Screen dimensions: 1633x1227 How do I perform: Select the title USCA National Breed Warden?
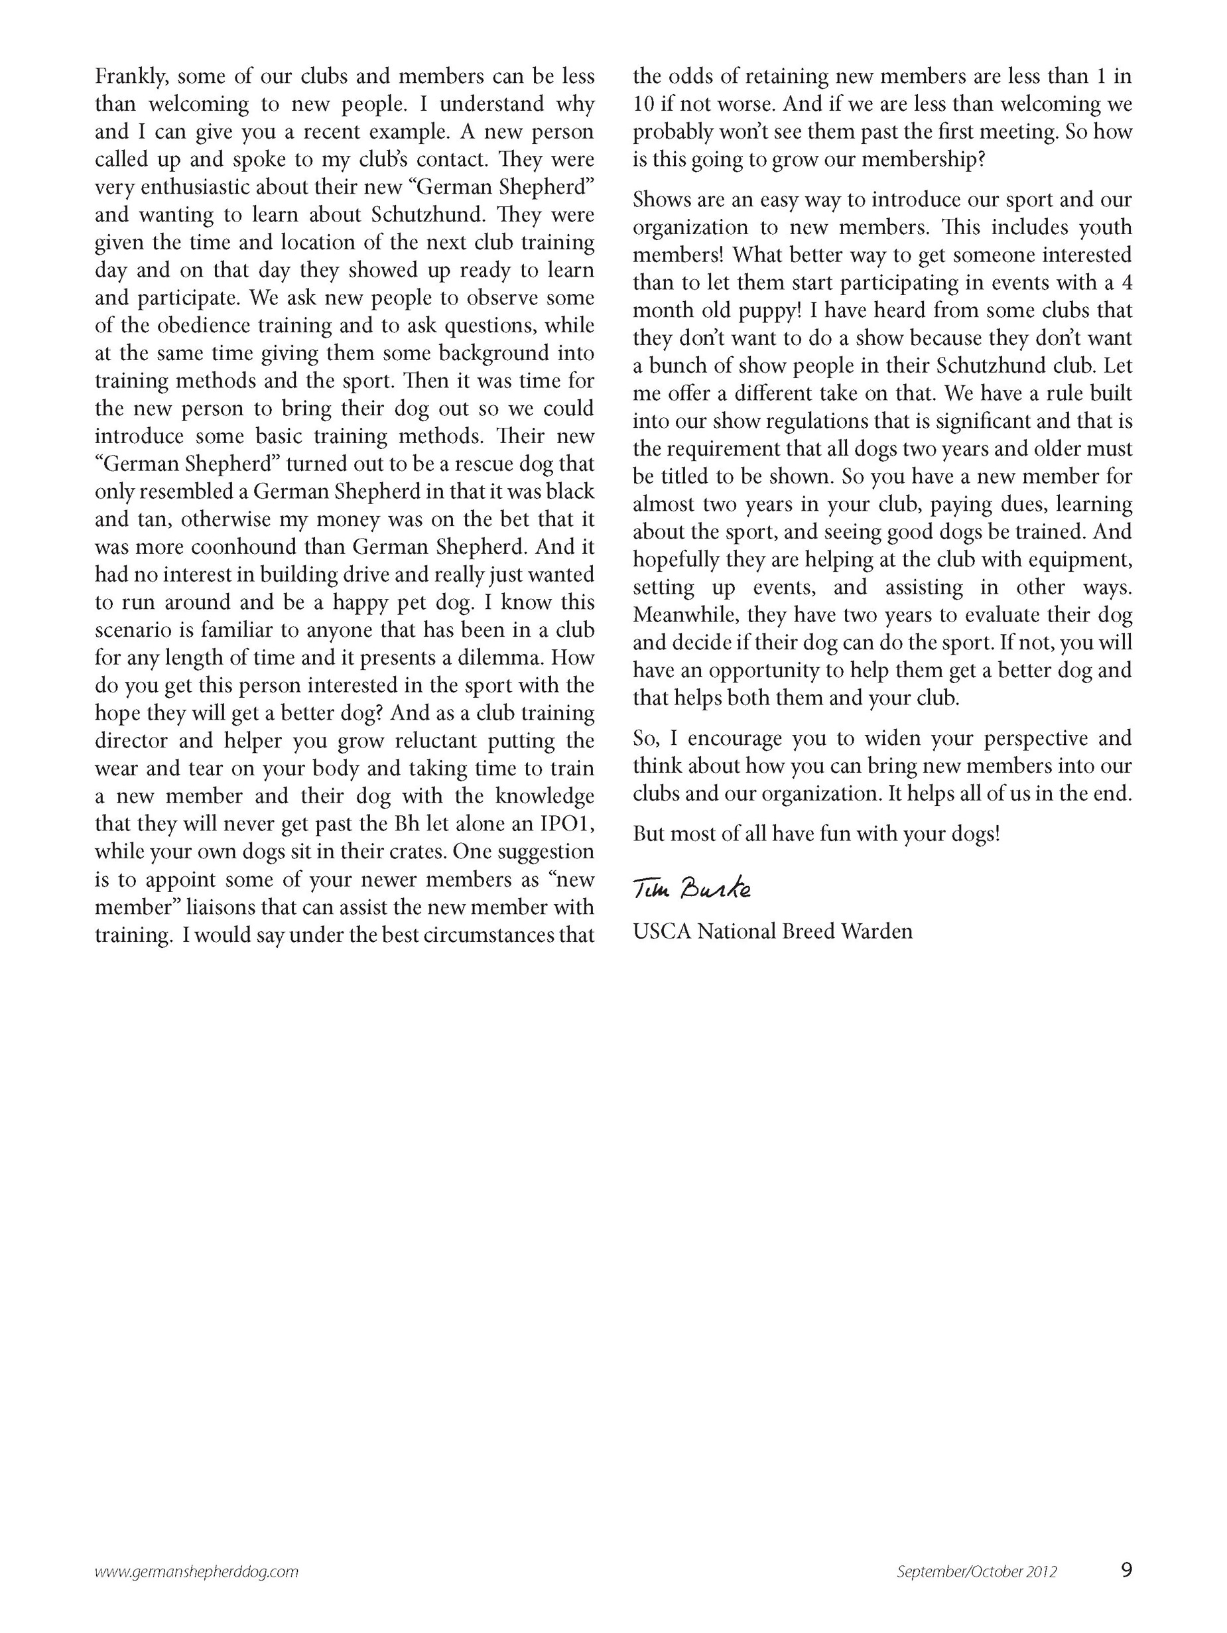coord(772,932)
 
